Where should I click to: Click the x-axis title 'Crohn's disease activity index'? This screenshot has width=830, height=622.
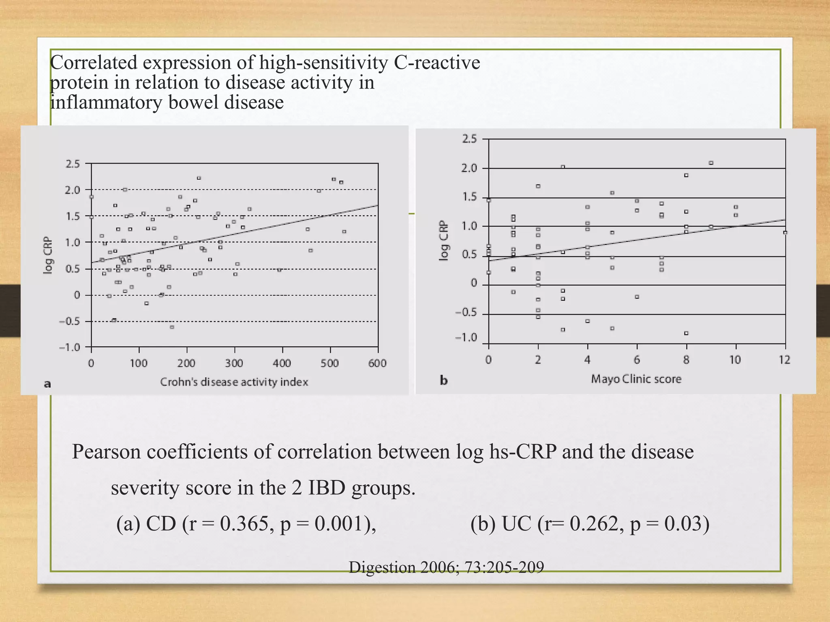[234, 382]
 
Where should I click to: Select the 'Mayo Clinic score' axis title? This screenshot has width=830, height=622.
[636, 379]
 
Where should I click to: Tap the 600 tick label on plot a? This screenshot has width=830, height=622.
[377, 363]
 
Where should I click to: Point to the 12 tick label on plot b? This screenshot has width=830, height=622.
[785, 360]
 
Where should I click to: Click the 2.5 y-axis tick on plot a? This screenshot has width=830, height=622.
[73, 164]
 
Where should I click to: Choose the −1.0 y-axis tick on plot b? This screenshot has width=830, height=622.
[466, 338]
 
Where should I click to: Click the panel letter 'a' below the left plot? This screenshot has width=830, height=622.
[47, 384]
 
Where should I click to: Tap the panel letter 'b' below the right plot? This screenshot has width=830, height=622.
[444, 381]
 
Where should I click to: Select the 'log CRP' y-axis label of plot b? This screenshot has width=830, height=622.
[444, 241]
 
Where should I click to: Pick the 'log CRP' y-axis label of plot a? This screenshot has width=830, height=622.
[48, 255]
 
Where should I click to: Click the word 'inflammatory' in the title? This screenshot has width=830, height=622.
[106, 102]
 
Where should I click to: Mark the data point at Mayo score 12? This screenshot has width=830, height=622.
[785, 232]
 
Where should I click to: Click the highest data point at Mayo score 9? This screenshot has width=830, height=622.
[711, 163]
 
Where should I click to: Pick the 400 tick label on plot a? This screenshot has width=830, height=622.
[282, 363]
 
